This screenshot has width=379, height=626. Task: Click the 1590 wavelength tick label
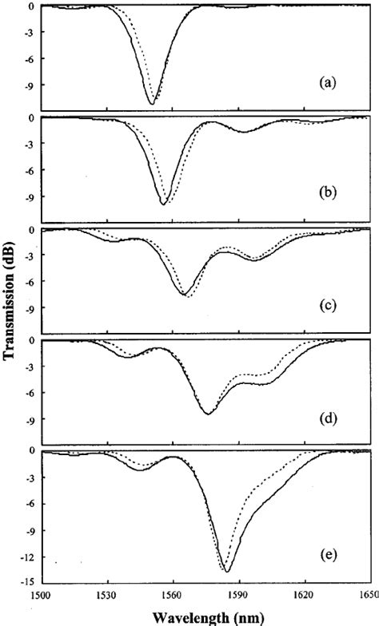click(x=237, y=596)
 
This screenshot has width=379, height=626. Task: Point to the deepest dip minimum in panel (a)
click(x=152, y=104)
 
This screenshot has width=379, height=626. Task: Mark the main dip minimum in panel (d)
click(x=207, y=414)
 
